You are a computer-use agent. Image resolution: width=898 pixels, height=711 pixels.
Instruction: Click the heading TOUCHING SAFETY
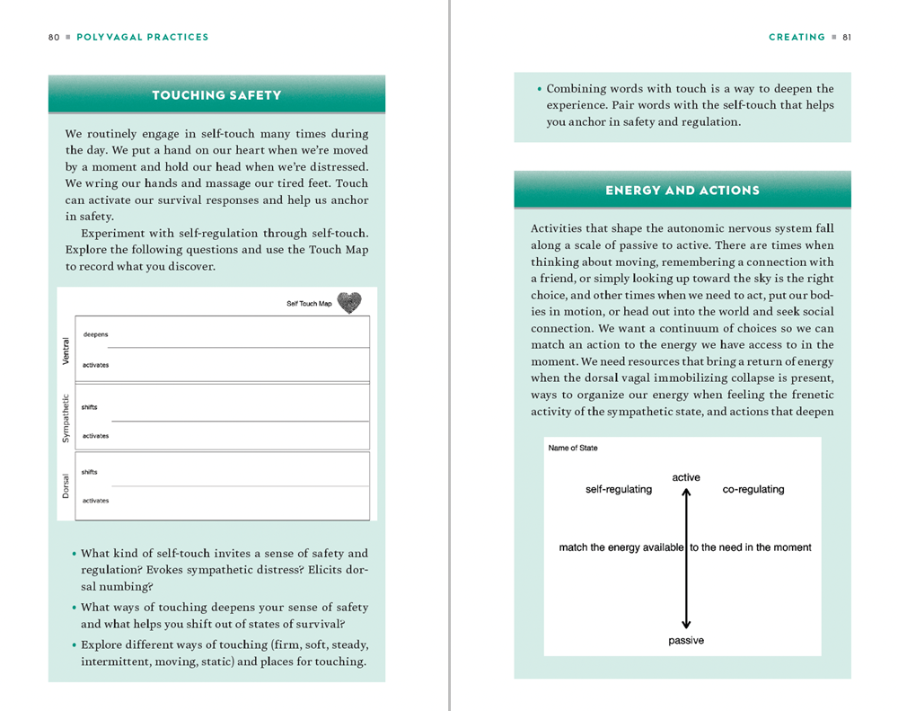216,95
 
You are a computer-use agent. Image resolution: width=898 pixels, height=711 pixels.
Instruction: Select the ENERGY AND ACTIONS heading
682,191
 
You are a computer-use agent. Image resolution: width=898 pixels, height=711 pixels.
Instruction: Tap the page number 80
54,38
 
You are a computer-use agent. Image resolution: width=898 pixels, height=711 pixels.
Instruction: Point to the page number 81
847,38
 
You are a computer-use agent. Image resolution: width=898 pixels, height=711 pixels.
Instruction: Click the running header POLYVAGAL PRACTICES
143,38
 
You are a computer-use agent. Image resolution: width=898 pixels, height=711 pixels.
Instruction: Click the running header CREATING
797,38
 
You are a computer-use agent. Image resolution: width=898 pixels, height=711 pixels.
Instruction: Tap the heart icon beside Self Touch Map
349,303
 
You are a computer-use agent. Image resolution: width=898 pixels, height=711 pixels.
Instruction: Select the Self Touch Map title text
309,304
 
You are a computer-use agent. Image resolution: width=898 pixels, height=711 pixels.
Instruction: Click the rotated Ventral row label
65,350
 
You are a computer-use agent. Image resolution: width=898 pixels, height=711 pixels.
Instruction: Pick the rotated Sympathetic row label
65,417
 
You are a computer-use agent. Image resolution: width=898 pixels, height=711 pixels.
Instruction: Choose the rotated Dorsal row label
65,485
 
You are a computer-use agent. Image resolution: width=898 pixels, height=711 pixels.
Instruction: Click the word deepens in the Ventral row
95,334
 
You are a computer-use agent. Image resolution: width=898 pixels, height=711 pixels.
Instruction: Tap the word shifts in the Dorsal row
90,472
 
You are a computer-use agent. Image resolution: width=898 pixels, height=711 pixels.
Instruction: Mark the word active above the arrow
686,477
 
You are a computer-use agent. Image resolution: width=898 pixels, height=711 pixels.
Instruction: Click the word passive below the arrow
686,641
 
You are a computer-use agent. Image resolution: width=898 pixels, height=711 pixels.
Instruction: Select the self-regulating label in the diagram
619,490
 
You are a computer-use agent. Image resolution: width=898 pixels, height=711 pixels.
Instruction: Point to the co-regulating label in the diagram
753,490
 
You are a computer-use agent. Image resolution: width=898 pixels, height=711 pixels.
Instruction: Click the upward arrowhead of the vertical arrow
686,493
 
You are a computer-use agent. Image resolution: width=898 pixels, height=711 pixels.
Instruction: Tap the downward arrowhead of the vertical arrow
686,624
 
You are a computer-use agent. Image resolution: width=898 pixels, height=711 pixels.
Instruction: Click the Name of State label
573,449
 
